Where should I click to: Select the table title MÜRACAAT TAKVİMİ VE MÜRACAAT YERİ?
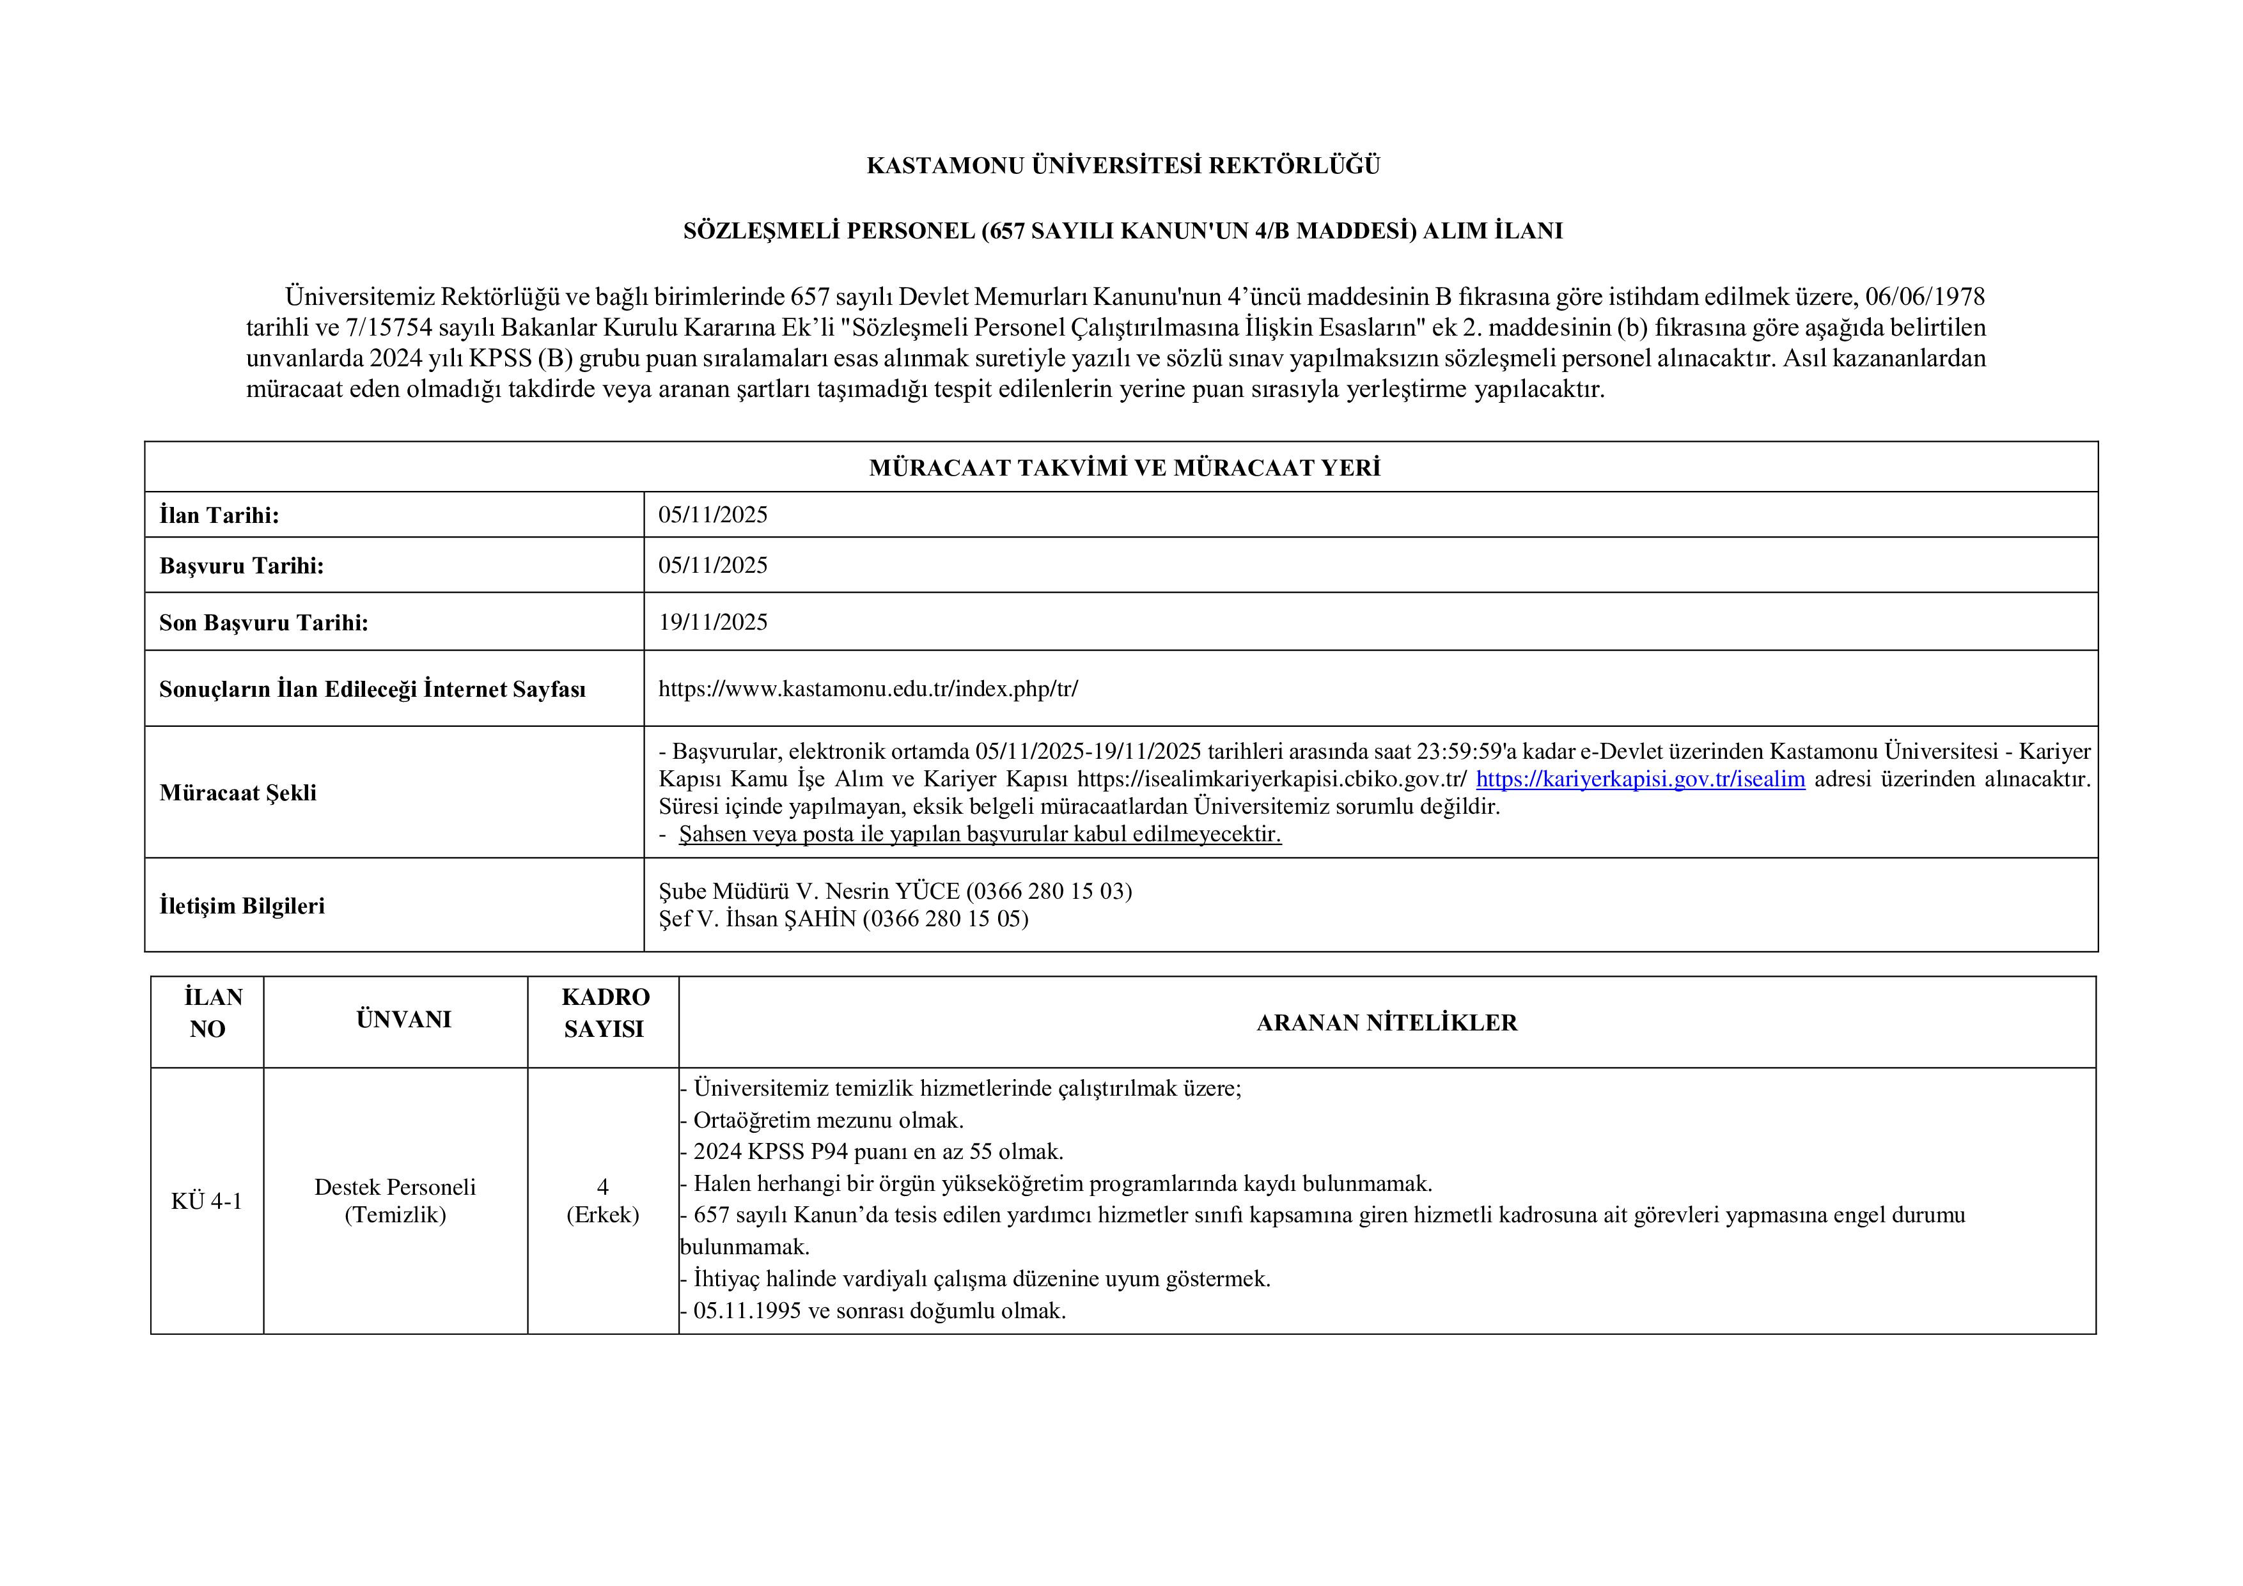(1123, 468)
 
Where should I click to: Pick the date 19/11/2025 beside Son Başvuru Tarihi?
(712, 622)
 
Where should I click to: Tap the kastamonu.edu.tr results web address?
(868, 688)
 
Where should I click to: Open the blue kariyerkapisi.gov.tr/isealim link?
(1639, 779)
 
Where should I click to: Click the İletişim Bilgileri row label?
(241, 906)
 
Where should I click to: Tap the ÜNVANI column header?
(403, 1020)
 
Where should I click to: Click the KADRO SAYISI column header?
(605, 1013)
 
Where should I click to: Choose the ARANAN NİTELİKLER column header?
(1386, 1023)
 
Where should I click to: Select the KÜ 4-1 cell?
(206, 1201)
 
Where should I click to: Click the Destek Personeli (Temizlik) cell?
(395, 1201)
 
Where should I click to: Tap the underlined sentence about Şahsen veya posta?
(979, 834)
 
